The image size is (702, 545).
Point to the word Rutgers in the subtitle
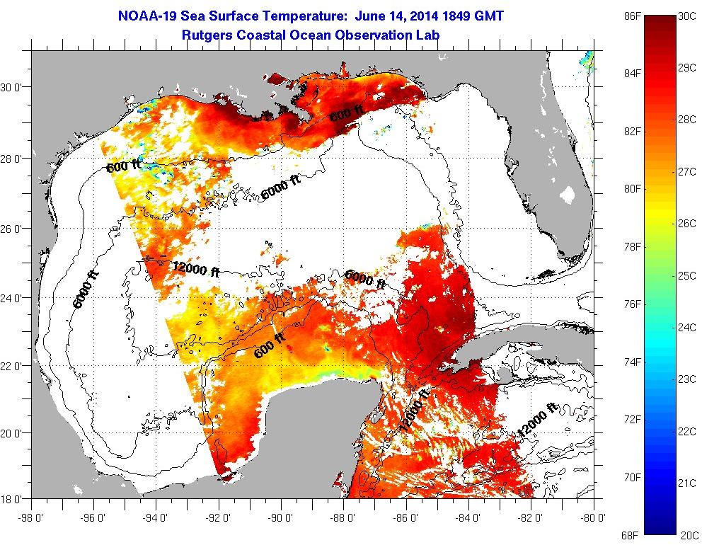click(x=207, y=34)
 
